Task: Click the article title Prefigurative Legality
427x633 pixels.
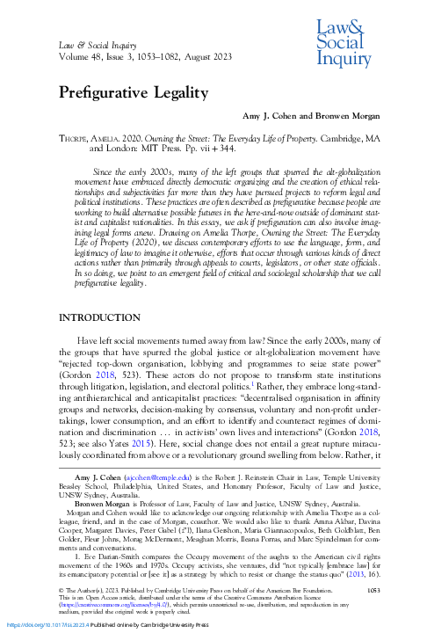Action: [133, 93]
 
